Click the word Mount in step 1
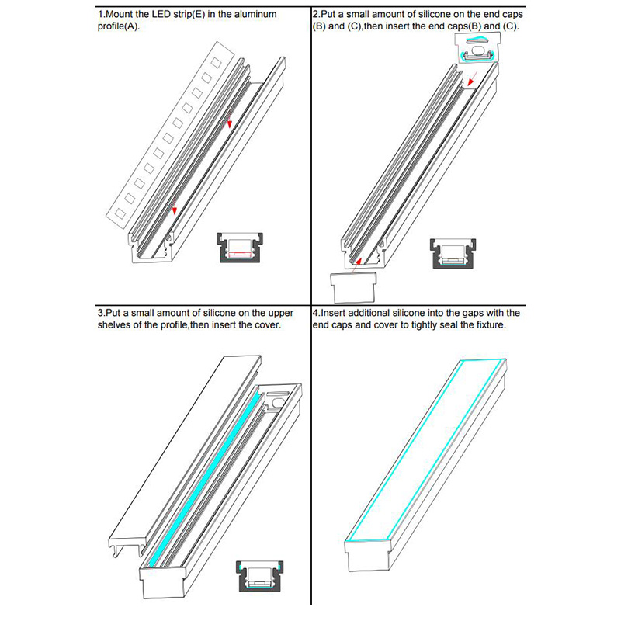tap(120, 15)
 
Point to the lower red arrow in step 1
tap(175, 208)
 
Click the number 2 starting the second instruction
tap(314, 15)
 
